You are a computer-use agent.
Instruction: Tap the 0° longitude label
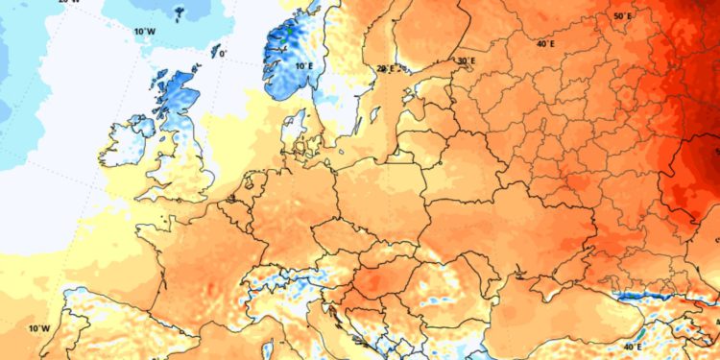pyautogui.click(x=224, y=55)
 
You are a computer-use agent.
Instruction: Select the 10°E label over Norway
pyautogui.click(x=304, y=66)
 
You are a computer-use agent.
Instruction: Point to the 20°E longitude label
pyautogui.click(x=386, y=68)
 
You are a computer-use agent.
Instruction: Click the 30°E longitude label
pyautogui.click(x=467, y=61)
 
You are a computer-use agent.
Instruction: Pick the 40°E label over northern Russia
pyautogui.click(x=545, y=43)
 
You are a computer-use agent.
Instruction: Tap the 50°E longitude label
pyautogui.click(x=622, y=16)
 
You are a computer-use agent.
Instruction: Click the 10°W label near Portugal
pyautogui.click(x=38, y=328)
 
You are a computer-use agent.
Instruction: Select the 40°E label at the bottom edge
pyautogui.click(x=634, y=346)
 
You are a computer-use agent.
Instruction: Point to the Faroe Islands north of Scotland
pyautogui.click(x=179, y=13)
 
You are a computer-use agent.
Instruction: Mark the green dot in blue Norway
pyautogui.click(x=287, y=30)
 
